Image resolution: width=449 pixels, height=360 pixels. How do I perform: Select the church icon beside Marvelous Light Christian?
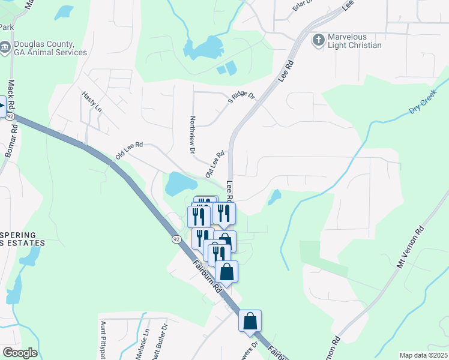(318, 40)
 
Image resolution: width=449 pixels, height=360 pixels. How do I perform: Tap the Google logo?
(19, 353)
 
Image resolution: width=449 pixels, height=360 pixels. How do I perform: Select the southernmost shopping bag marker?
(250, 320)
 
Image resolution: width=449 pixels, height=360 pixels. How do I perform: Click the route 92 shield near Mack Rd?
(11, 116)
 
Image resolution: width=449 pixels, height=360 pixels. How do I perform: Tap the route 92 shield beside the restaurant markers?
(176, 239)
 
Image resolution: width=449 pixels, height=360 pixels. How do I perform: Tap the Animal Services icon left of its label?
(5, 47)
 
